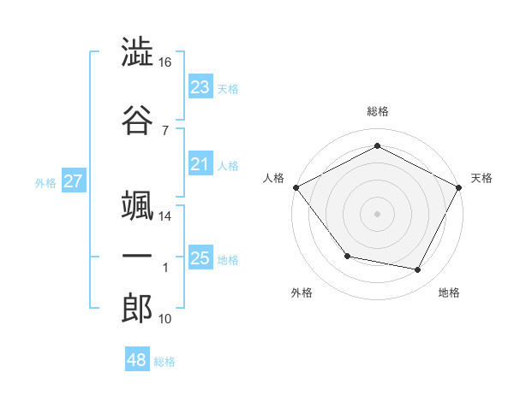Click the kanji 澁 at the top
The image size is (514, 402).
pyautogui.click(x=137, y=51)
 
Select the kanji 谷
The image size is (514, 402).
pyautogui.click(x=137, y=120)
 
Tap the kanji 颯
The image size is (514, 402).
pyautogui.click(x=137, y=205)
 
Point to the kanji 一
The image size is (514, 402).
pyautogui.click(x=137, y=256)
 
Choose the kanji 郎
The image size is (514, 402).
pyautogui.click(x=137, y=308)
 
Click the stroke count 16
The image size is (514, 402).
pyautogui.click(x=164, y=62)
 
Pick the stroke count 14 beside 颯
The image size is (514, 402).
pyautogui.click(x=164, y=216)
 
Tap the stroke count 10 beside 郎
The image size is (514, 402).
pyautogui.click(x=164, y=319)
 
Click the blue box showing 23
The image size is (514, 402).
pyautogui.click(x=200, y=86)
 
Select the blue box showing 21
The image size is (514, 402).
pyautogui.click(x=200, y=163)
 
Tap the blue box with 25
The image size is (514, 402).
pyautogui.click(x=200, y=257)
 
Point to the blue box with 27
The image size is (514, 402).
pyautogui.click(x=74, y=180)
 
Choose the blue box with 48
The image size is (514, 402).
pyautogui.click(x=137, y=358)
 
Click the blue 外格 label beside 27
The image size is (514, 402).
pyautogui.click(x=45, y=183)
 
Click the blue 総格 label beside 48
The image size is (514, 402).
pyautogui.click(x=164, y=362)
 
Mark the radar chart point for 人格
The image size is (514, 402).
pyautogui.click(x=296, y=187)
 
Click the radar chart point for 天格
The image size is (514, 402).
pyautogui.click(x=458, y=187)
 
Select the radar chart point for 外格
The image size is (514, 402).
pyautogui.click(x=348, y=256)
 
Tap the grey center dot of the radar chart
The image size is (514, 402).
pyautogui.click(x=377, y=214)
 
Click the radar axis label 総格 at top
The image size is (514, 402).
pyautogui.click(x=378, y=111)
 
